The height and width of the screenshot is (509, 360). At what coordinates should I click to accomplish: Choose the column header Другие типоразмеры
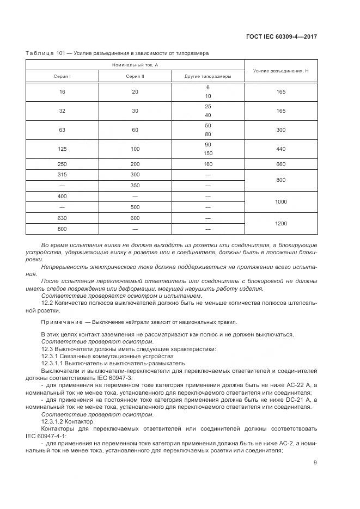click(x=208, y=77)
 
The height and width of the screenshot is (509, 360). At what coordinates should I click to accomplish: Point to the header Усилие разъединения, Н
click(x=281, y=71)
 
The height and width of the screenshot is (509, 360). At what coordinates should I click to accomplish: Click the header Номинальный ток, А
click(x=135, y=65)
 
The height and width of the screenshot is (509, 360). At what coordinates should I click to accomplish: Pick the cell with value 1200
click(x=281, y=223)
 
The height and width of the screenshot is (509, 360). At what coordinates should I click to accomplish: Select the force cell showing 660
click(x=281, y=164)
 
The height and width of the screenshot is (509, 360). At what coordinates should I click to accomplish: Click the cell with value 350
click(x=135, y=186)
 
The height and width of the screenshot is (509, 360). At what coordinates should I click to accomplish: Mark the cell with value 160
click(x=208, y=164)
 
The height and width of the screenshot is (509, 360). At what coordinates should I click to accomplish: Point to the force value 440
click(x=281, y=148)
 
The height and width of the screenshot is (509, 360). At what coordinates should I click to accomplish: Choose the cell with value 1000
click(x=281, y=201)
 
